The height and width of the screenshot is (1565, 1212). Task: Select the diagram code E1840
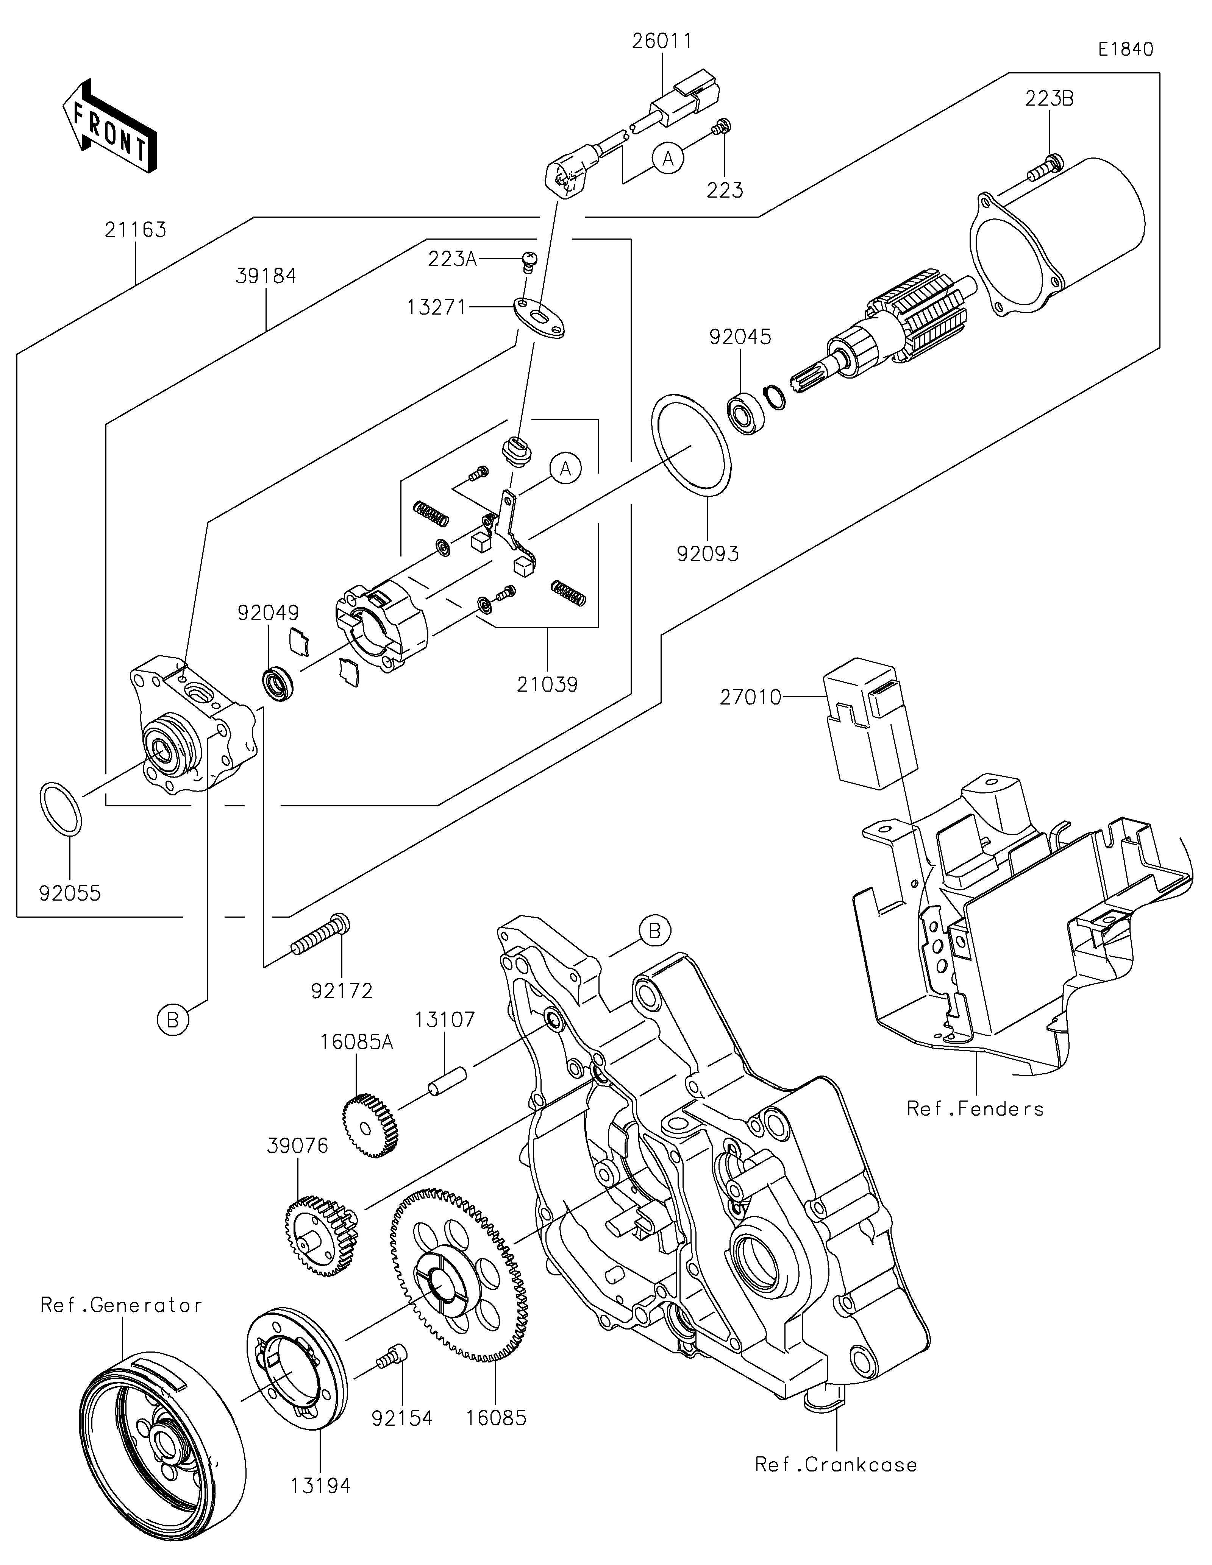click(1125, 50)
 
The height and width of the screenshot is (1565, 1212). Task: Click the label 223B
click(1049, 99)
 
